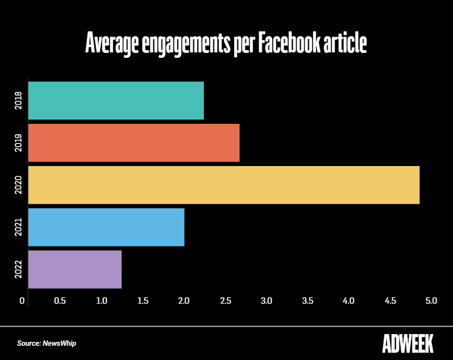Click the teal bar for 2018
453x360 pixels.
click(x=116, y=100)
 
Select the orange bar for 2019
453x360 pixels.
click(x=134, y=143)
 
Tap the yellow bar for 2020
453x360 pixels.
click(x=224, y=185)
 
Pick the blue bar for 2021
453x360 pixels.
click(x=106, y=227)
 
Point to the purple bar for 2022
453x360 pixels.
click(x=75, y=269)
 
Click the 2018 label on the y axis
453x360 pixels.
click(x=18, y=100)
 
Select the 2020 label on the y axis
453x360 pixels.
click(x=18, y=185)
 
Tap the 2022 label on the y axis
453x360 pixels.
click(x=18, y=269)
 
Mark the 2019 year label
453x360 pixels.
click(x=18, y=143)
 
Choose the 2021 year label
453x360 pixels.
click(x=18, y=227)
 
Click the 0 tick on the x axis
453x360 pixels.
click(x=22, y=300)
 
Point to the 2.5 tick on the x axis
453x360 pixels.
click(x=225, y=300)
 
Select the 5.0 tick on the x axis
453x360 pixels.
click(x=431, y=300)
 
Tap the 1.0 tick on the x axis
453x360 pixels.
click(x=101, y=300)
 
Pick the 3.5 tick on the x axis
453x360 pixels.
click(x=308, y=300)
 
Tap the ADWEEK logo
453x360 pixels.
click(x=407, y=343)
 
